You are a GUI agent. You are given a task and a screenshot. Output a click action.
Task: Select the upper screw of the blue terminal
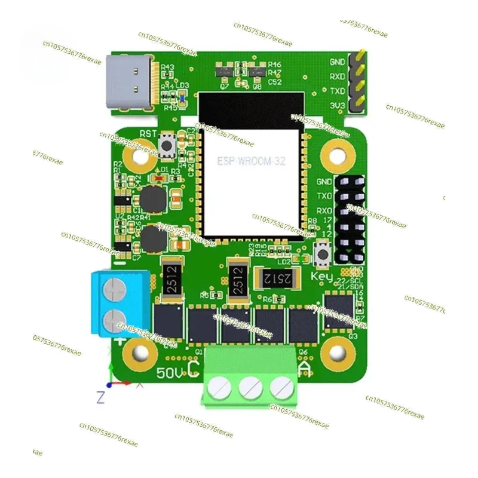click(114, 293)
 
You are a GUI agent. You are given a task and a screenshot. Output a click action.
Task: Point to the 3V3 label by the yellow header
click(337, 106)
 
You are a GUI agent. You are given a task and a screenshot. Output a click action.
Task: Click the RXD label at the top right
click(337, 76)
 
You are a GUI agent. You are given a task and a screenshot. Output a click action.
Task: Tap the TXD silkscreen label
click(337, 91)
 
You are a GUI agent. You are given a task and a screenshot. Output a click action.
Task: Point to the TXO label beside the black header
click(324, 196)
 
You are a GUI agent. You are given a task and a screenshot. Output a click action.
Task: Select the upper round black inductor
click(153, 198)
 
